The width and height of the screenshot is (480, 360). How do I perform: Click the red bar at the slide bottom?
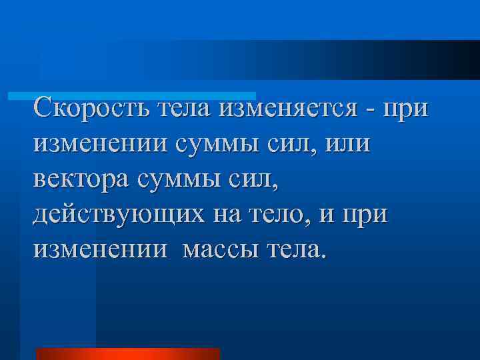(127, 353)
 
